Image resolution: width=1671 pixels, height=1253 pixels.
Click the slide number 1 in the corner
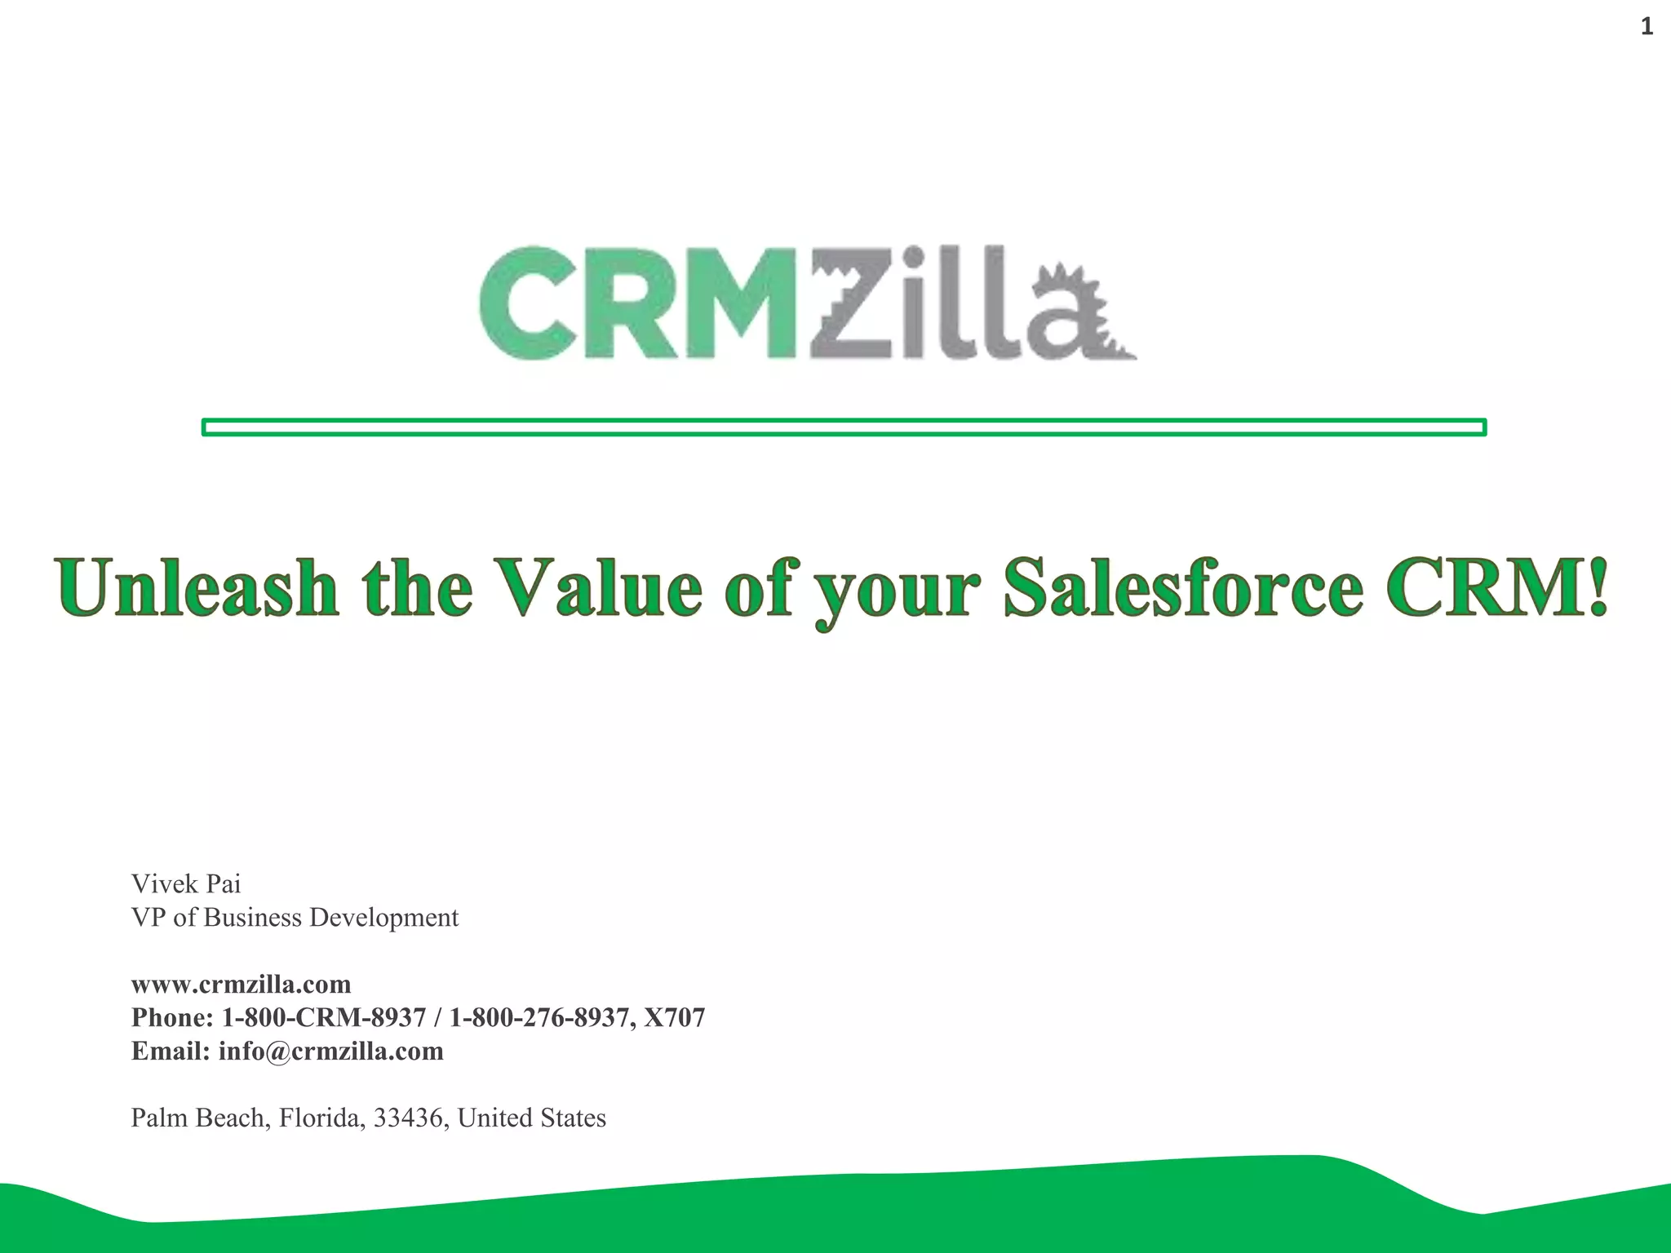(x=1647, y=27)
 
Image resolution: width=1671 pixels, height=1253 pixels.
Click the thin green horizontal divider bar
(x=844, y=427)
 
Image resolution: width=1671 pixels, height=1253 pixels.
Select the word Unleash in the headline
(x=196, y=587)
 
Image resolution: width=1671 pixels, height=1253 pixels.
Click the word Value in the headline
(x=600, y=587)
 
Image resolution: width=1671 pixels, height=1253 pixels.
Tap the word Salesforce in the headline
(x=1183, y=587)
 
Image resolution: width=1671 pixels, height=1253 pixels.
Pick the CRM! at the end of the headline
(x=1497, y=587)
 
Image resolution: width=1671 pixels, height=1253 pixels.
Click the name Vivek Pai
(x=186, y=883)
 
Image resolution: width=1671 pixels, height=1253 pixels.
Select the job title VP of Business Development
(x=295, y=918)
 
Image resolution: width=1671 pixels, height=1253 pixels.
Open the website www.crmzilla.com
(x=241, y=985)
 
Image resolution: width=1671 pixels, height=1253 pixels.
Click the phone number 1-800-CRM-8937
(x=324, y=1017)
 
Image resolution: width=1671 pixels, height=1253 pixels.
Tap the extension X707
(x=674, y=1017)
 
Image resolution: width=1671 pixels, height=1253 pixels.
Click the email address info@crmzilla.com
(x=330, y=1052)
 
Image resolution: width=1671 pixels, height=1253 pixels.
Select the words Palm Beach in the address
(x=200, y=1118)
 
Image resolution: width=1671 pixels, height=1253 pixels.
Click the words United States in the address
(x=532, y=1118)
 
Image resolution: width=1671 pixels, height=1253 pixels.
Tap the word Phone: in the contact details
(x=172, y=1017)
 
